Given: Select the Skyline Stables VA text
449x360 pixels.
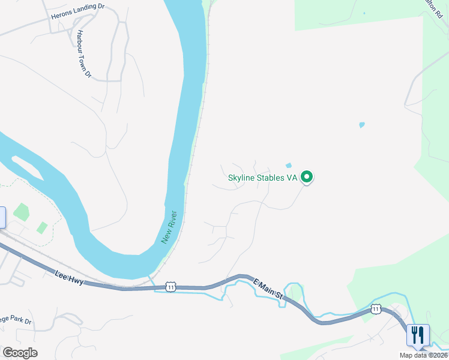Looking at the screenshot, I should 263,178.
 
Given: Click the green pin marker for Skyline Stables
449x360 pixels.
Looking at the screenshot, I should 307,177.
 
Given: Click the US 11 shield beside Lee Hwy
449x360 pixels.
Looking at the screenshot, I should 170,287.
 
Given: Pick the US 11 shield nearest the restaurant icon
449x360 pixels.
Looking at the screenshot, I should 376,309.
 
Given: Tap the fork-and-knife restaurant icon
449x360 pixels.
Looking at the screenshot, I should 418,334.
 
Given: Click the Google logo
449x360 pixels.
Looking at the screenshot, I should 20,352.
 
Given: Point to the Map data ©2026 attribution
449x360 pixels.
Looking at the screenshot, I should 423,355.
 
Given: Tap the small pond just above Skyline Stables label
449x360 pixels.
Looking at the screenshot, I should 289,166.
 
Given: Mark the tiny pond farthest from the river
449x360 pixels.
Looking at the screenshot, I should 361,125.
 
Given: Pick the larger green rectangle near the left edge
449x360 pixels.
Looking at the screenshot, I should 22,211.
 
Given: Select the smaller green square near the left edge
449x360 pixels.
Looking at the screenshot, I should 42,227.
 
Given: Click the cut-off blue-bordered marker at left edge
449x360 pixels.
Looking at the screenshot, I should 2,217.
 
